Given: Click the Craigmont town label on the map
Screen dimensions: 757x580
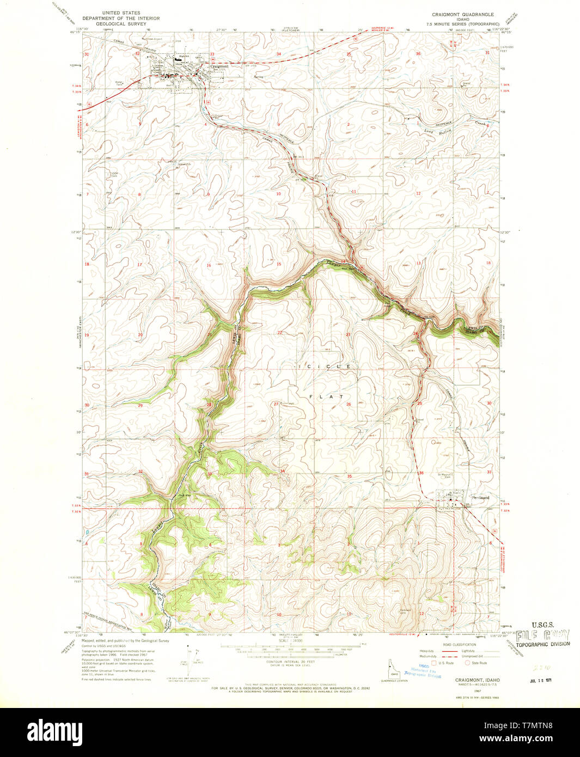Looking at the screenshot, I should [x=219, y=66].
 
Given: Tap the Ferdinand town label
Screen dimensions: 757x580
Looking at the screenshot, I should [x=480, y=497].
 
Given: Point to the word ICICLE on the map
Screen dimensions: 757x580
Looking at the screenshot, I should [x=325, y=367].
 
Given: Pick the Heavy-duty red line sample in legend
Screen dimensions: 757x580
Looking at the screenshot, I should [x=449, y=651].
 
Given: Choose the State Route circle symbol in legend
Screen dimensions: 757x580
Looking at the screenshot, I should [x=467, y=663].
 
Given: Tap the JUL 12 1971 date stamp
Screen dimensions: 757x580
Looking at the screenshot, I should [x=540, y=681].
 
